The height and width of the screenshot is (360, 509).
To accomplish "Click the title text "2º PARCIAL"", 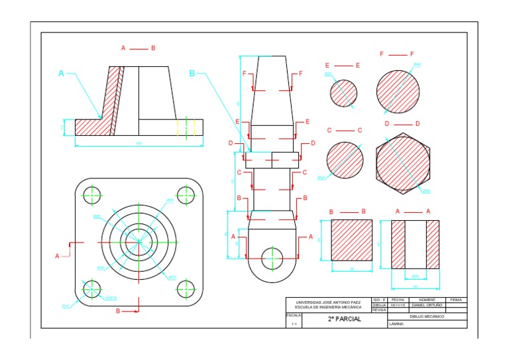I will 344,319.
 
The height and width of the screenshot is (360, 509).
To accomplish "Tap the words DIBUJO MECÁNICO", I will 427,316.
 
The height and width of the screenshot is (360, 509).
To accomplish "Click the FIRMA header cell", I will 457,300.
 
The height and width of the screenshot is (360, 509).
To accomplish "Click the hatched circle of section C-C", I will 345,160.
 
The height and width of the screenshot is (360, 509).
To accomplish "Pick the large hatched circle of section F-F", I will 398,91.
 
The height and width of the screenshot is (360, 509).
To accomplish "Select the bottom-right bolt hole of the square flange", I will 186,288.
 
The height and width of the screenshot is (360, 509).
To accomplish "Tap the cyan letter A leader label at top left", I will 62,74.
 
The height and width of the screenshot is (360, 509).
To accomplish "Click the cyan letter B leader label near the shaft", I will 192,74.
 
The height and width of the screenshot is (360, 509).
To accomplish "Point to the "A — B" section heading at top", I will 138,48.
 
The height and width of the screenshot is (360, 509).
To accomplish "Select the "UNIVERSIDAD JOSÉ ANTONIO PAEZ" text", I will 329,302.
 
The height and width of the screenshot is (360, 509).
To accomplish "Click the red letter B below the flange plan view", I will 118,310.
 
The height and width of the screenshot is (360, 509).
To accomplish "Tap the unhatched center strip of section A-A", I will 415,243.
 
